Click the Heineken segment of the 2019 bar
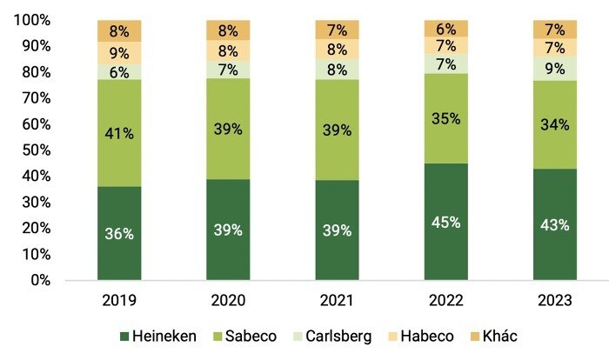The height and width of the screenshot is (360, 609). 119,233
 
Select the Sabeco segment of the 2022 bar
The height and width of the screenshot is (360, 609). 445,118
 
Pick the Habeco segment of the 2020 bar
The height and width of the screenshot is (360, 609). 228,50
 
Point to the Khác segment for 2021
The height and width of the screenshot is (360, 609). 337,30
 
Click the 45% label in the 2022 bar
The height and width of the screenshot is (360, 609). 445,222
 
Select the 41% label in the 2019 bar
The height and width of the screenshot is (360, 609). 119,134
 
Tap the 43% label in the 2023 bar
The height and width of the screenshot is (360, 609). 554,224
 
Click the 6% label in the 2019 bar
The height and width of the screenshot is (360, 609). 119,72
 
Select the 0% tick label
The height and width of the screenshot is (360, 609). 40,280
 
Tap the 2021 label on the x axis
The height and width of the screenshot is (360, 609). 337,301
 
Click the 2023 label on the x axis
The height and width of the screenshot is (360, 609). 554,301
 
